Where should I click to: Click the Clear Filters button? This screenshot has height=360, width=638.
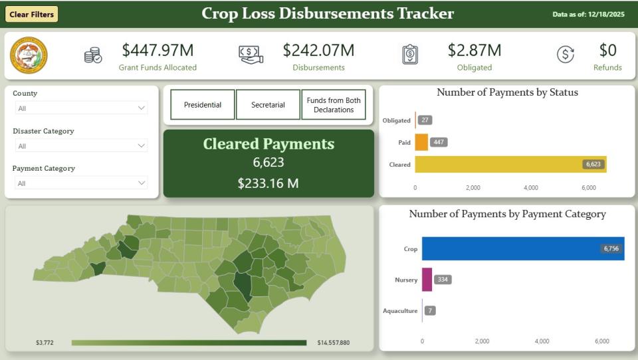pos(32,14)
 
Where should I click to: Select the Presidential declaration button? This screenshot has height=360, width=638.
pos(203,105)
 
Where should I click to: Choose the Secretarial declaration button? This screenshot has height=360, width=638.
pos(268,105)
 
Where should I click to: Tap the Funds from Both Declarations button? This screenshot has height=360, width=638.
pos(334,105)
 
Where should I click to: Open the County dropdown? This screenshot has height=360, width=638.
pos(80,108)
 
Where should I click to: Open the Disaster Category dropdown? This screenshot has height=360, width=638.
pos(80,145)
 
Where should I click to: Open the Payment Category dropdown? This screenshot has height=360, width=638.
pos(80,183)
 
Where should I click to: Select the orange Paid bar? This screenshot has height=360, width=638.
pos(421,142)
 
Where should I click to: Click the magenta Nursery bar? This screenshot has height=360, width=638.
pos(427,280)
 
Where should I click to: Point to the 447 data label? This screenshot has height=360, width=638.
pos(439,142)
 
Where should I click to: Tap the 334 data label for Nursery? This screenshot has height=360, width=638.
pos(443,280)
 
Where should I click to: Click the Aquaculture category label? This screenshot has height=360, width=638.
pos(400,311)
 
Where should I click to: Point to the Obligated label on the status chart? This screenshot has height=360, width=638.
pos(397,120)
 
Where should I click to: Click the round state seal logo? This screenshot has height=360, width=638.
pos(29,55)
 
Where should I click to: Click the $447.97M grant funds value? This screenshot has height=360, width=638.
pos(158,50)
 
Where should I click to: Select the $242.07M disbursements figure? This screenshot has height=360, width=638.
pos(318,50)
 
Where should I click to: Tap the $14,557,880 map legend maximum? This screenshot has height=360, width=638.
pos(334,343)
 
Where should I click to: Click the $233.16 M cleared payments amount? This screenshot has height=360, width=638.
pos(268,183)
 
